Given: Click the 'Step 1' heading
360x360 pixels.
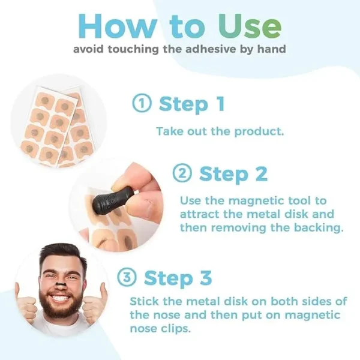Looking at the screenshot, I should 191,104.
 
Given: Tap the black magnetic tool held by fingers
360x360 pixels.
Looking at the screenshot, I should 113,194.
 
